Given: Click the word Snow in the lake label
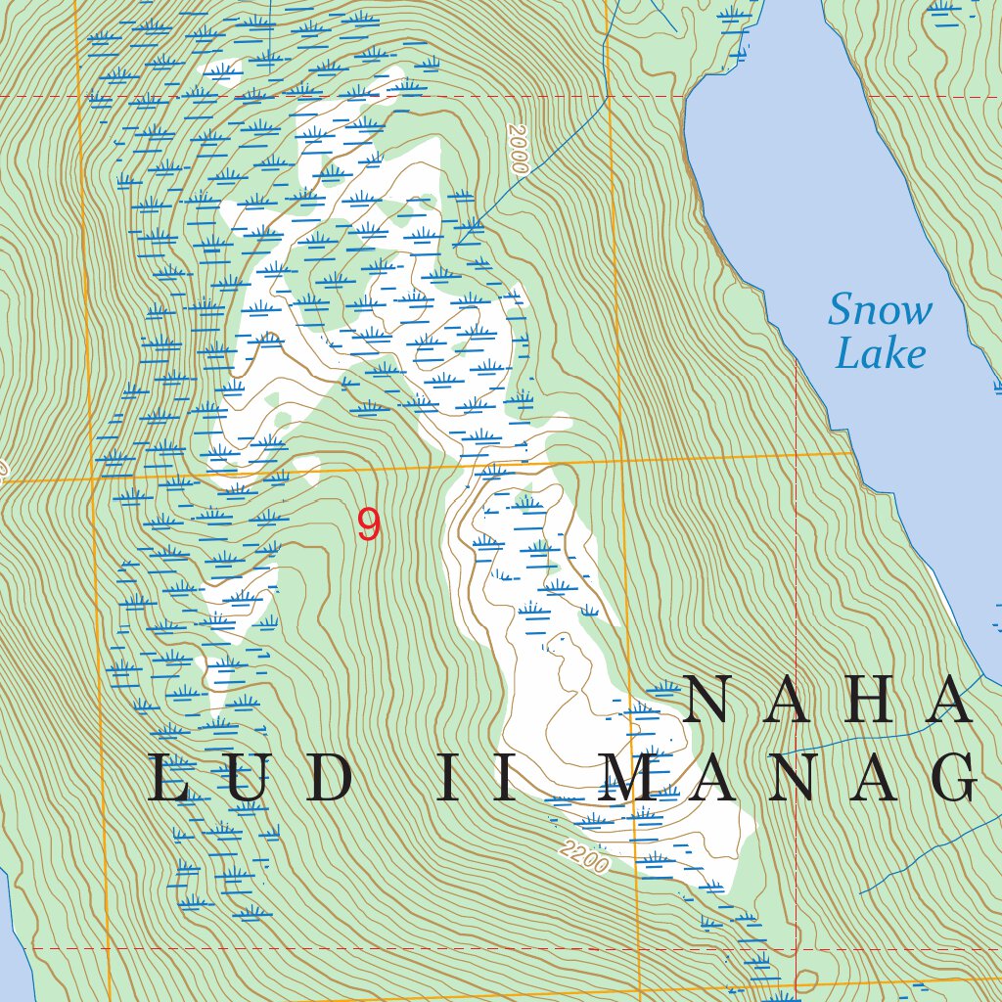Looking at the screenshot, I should (x=880, y=311).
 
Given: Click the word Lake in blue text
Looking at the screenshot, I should (x=880, y=354).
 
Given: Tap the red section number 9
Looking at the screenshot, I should (x=368, y=525).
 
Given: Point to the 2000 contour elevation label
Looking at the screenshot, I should (x=518, y=149).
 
